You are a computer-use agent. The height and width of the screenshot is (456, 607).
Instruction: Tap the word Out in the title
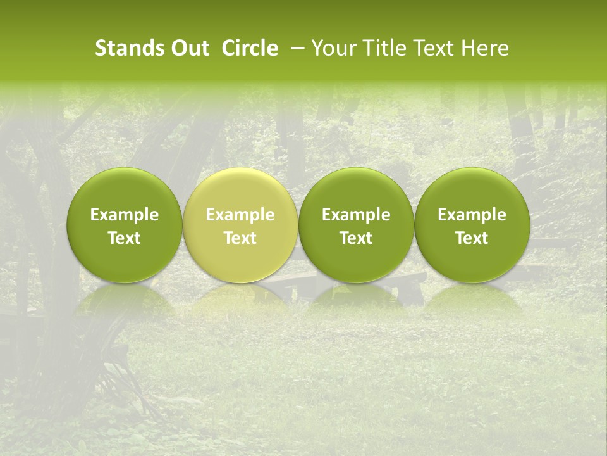[x=188, y=48]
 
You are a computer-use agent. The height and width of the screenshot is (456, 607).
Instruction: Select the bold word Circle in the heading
[x=250, y=48]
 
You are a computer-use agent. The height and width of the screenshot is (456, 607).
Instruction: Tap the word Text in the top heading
[x=433, y=48]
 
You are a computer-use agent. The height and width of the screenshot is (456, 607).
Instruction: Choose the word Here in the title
[x=485, y=48]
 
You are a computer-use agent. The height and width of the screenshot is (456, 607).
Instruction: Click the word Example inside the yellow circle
[x=240, y=215]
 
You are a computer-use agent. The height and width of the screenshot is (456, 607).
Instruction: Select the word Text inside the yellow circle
[x=240, y=238]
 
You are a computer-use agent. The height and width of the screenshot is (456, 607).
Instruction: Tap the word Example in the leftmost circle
[x=125, y=215]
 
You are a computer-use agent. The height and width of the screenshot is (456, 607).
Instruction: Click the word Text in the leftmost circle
[x=125, y=238]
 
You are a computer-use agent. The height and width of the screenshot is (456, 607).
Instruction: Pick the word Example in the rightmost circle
[x=472, y=215]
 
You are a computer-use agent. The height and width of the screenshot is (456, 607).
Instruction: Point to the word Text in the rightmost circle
[x=472, y=238]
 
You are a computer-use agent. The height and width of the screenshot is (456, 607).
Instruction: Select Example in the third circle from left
[x=356, y=215]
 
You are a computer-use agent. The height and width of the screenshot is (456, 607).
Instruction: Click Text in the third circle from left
[x=356, y=238]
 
